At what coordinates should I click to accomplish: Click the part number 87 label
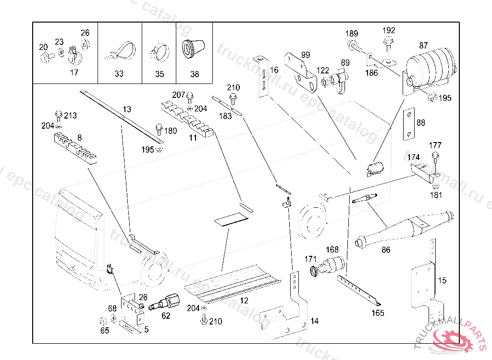coord(423,46)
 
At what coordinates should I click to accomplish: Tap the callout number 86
coord(386,250)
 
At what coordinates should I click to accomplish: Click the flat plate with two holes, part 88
coord(408,124)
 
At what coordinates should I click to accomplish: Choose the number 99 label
coord(306,55)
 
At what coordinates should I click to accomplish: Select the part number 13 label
coord(127,109)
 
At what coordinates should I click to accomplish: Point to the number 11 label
coord(193,138)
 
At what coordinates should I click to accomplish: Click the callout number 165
coord(378,313)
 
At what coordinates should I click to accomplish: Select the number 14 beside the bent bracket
coord(314,321)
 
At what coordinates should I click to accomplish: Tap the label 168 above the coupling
coord(332,250)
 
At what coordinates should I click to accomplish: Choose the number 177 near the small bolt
coord(435,145)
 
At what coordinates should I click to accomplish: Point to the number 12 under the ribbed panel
coord(244,301)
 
